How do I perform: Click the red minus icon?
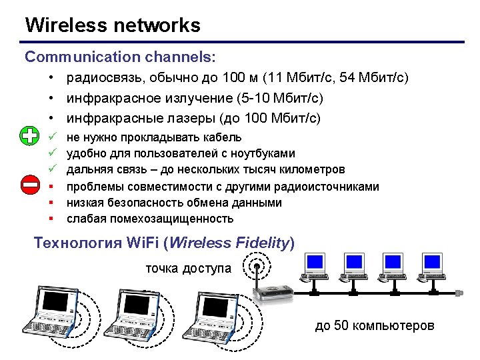(x=29, y=184)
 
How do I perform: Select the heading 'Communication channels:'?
(x=120, y=57)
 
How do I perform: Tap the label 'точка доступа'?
(x=189, y=269)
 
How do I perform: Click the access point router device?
(x=276, y=292)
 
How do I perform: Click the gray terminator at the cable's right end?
(x=459, y=293)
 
